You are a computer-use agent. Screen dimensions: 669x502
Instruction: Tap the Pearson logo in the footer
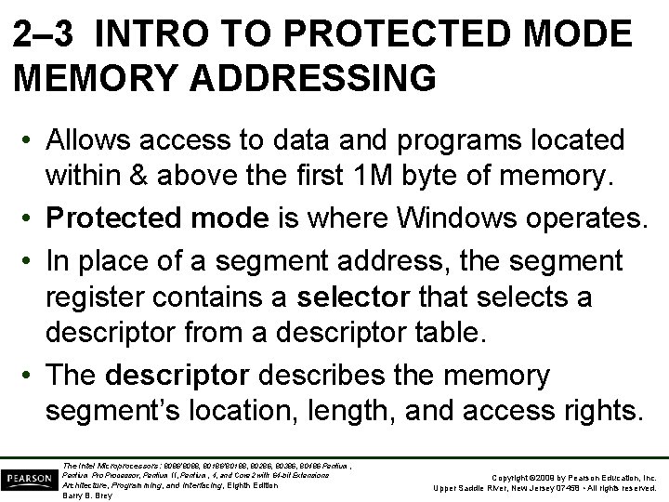click(x=28, y=478)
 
